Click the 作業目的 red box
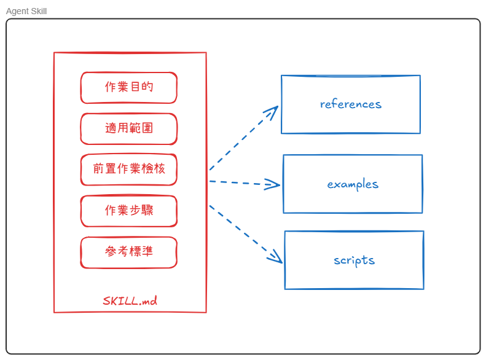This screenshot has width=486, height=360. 128,87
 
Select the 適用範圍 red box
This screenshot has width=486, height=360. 128,128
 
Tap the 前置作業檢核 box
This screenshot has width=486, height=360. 128,170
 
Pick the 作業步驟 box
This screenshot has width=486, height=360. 128,211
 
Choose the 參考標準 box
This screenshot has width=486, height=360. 128,252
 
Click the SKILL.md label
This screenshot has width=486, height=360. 130,301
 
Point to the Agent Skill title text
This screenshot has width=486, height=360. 26,11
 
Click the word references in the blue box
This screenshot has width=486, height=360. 350,104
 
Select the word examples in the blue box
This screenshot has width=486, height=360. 353,184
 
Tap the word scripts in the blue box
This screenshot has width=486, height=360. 354,260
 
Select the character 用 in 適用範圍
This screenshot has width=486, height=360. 123,128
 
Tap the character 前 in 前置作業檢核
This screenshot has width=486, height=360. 99,170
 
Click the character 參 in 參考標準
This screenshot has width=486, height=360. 111,252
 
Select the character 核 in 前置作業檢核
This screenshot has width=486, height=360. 159,170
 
